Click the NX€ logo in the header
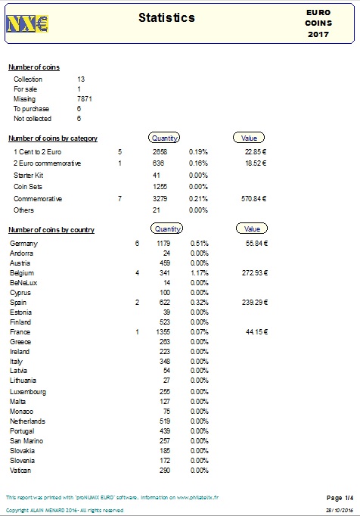[26, 23]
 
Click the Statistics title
[166, 17]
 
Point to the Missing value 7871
[85, 99]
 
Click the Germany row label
[23, 243]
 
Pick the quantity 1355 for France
[162, 331]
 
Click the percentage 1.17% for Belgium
[199, 272]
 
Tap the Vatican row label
[21, 471]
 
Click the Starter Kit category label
[28, 175]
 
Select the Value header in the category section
[249, 138]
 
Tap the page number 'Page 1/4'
[339, 497]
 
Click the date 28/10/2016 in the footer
[339, 511]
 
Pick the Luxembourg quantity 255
[164, 391]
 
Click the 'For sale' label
[25, 89]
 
